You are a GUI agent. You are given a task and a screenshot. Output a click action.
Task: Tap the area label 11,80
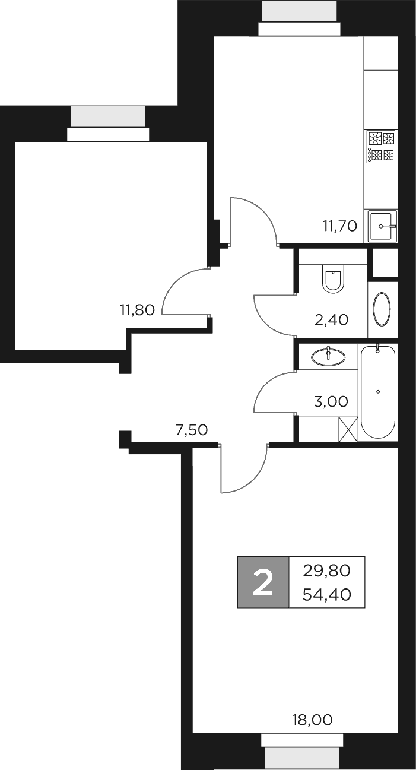click(136, 309)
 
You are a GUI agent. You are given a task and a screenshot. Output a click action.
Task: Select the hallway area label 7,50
click(191, 430)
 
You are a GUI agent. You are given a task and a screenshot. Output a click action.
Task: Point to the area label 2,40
click(331, 320)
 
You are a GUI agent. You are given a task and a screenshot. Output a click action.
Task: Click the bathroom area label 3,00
click(331, 401)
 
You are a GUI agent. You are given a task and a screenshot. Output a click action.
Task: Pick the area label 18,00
click(312, 720)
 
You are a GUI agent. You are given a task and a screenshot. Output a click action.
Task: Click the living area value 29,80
click(326, 571)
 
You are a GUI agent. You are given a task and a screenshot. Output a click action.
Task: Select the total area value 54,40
click(326, 594)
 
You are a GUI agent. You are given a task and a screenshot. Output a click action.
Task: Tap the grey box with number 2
click(263, 582)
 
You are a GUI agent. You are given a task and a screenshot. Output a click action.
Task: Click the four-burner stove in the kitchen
click(381, 147)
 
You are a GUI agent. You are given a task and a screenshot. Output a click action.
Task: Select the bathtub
click(378, 392)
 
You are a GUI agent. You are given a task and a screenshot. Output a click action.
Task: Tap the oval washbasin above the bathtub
click(382, 309)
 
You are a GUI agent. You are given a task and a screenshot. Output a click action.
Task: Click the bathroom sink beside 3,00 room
click(329, 356)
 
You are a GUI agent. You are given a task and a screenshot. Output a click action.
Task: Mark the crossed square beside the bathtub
click(348, 429)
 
